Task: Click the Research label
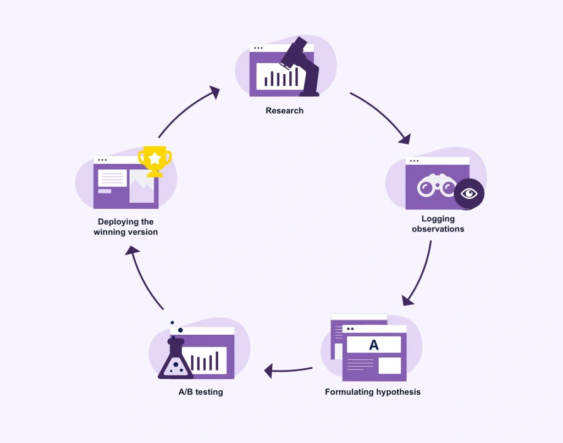(x=284, y=110)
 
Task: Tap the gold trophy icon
(x=154, y=161)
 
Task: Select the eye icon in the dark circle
(x=468, y=193)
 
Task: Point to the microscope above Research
(x=301, y=66)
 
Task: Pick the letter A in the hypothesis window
(x=374, y=345)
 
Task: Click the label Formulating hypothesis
(x=373, y=392)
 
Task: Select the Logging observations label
(x=438, y=224)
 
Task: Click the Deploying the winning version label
(x=125, y=227)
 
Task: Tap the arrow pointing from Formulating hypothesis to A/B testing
(x=288, y=370)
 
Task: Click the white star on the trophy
(x=155, y=158)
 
